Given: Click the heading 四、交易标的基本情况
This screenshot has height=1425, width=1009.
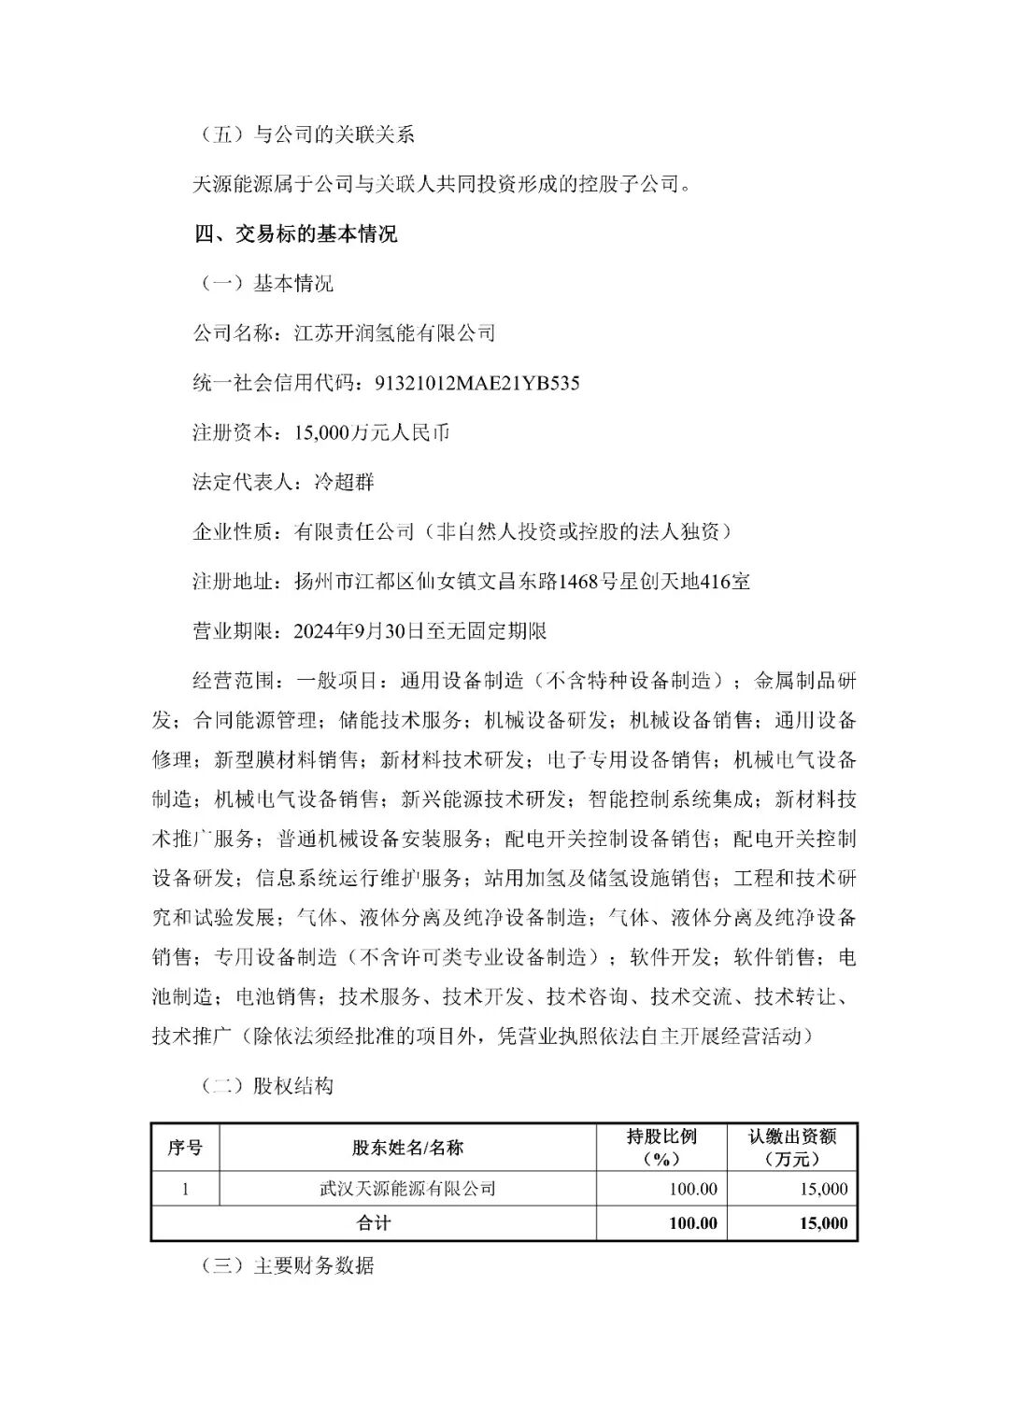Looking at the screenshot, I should pos(295,233).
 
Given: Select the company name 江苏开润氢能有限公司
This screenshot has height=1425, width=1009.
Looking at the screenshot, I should pos(394,333).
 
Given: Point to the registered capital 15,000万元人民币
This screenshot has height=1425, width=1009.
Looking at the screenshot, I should pos(371,432).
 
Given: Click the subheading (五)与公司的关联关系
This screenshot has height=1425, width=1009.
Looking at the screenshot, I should pos(306,134).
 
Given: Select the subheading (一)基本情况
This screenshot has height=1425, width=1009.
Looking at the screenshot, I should pos(266,284).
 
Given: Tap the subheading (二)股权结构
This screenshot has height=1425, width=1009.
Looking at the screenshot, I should pos(266,1086).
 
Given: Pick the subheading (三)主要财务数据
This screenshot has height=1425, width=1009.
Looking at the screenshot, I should pos(287,1265).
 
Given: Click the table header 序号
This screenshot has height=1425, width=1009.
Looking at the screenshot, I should pos(185,1148).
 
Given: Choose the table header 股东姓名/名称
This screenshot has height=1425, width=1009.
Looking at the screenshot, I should pos(407,1148).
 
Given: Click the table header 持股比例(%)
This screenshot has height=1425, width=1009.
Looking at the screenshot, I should pos(661,1148).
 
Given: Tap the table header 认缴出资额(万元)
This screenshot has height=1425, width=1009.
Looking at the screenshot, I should pos(791,1148).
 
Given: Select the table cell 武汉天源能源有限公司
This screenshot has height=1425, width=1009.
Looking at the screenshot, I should pos(407,1189).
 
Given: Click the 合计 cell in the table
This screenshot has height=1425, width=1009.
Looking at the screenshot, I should pos(374,1223).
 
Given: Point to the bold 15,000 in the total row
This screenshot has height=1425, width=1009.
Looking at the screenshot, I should pos(823,1223).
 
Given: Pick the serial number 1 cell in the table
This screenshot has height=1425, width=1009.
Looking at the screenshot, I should pos(185,1189).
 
